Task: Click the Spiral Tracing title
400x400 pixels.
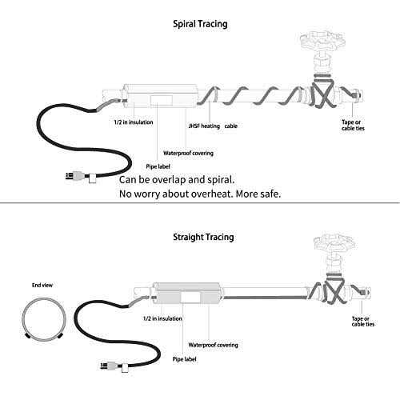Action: (x=200, y=24)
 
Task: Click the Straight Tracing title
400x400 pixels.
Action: (x=203, y=237)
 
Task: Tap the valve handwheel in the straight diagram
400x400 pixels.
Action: (x=334, y=242)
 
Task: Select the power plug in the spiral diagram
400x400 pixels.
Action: (x=81, y=177)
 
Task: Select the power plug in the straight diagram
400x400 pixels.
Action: (x=114, y=366)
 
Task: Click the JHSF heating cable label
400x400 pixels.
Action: (x=213, y=126)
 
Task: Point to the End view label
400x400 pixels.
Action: (x=42, y=285)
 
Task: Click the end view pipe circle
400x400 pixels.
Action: (x=44, y=298)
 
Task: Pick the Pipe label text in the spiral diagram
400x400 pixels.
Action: (x=158, y=166)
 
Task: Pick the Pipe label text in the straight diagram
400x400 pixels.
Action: (x=184, y=359)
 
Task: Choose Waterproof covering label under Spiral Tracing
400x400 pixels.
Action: (x=188, y=153)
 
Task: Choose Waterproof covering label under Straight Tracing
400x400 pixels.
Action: (x=213, y=345)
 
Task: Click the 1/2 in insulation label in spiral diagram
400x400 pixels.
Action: (x=134, y=122)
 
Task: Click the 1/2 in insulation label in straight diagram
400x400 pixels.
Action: (x=162, y=318)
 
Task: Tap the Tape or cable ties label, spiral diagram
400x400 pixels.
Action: (x=353, y=125)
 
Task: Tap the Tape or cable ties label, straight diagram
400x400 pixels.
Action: (x=363, y=322)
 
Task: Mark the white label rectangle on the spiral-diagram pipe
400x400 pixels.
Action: (x=162, y=100)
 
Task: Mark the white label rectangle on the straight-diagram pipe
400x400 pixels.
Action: (x=190, y=297)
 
